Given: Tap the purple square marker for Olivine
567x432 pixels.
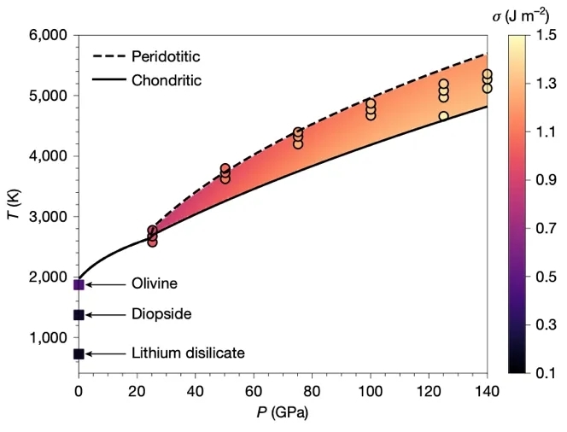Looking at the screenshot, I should click(x=79, y=284).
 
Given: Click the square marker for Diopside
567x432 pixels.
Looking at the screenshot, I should click(x=79, y=315).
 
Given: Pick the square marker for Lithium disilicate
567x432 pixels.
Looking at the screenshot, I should click(x=79, y=353).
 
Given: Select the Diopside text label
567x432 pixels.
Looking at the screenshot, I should click(x=161, y=315).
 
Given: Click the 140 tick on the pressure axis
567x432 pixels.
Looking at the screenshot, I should click(x=487, y=390).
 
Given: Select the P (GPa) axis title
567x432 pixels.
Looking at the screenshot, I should click(x=283, y=413).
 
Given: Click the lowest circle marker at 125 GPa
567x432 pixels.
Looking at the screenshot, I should click(x=444, y=116).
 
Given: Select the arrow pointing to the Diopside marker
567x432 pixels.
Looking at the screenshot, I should click(x=105, y=315).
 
